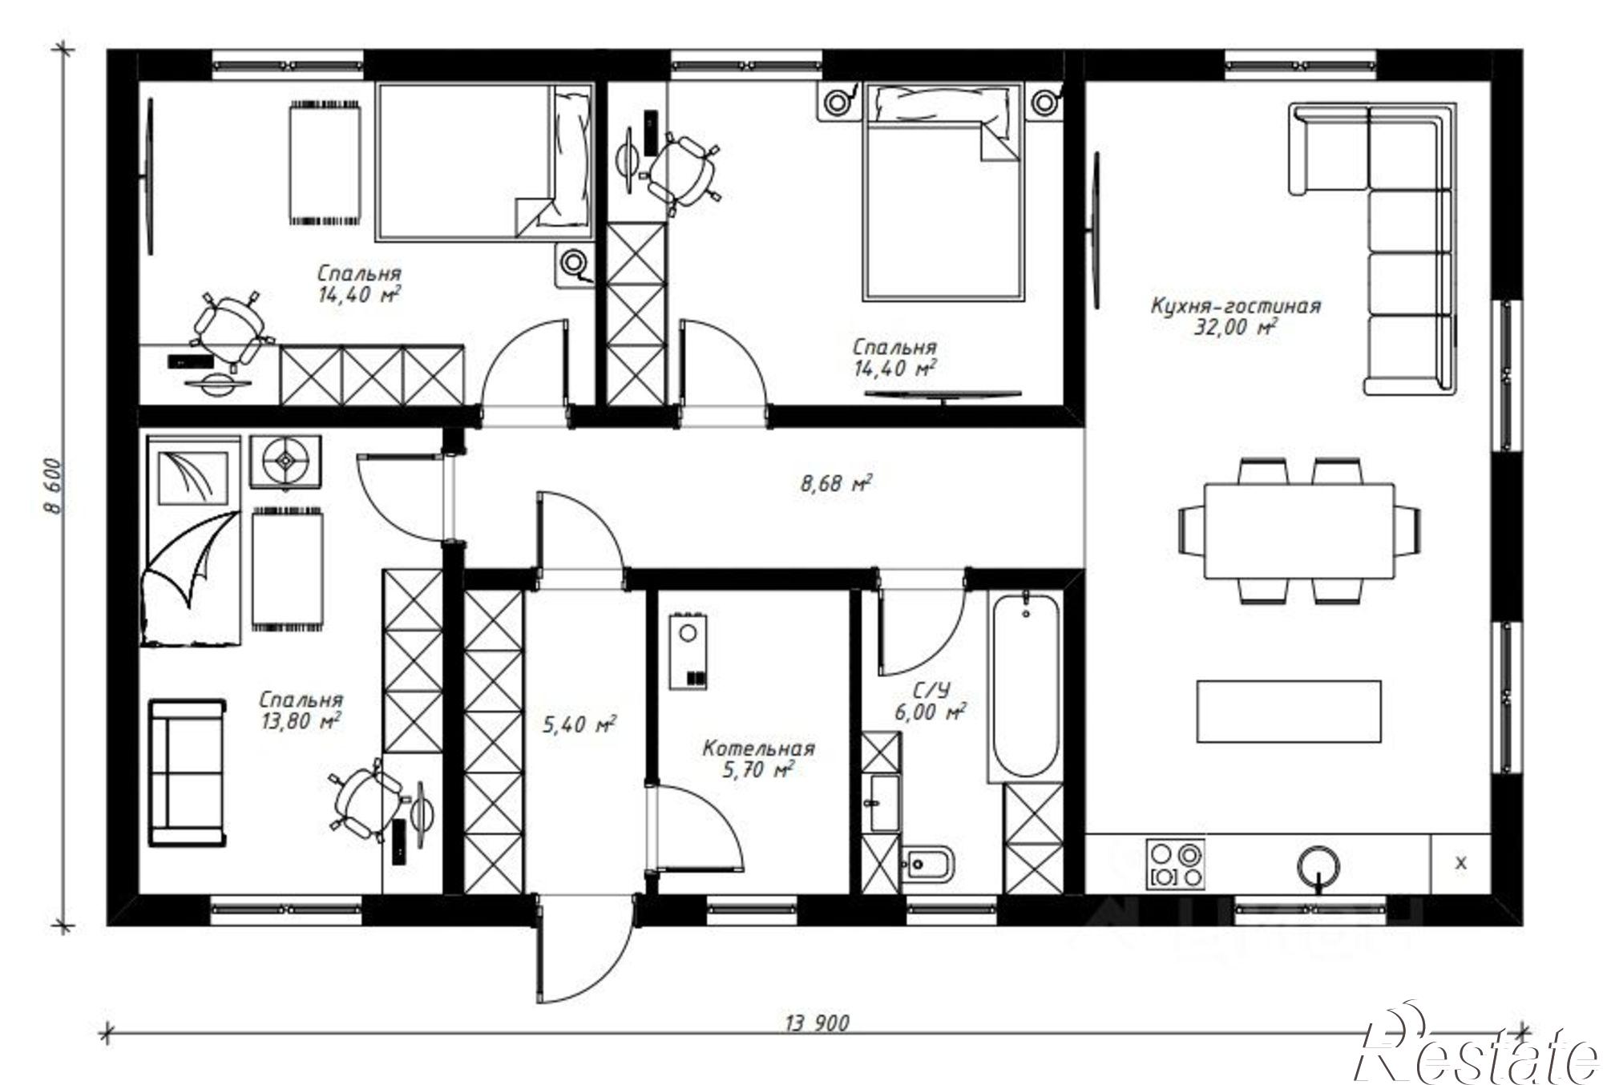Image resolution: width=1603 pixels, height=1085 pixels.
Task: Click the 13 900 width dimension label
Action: (817, 1023)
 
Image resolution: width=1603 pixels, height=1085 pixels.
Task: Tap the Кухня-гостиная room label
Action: (1235, 306)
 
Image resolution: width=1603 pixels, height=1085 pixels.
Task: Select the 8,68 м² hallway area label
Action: (836, 483)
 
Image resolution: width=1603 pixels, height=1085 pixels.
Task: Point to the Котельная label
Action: (758, 749)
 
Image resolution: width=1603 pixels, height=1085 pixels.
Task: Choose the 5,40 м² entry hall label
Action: (579, 725)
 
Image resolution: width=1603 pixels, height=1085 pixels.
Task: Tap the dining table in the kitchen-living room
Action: (1298, 530)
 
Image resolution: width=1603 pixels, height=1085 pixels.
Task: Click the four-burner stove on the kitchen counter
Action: (1176, 863)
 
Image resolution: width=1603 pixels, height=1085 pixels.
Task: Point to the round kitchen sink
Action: (1318, 866)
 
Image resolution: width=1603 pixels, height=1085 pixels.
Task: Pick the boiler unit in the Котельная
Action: (688, 651)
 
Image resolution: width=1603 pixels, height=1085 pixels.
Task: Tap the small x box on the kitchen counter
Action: (1460, 863)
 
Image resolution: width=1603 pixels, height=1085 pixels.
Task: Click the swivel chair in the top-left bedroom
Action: (230, 329)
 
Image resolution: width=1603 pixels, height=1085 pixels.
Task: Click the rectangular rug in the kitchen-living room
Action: (1289, 712)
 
